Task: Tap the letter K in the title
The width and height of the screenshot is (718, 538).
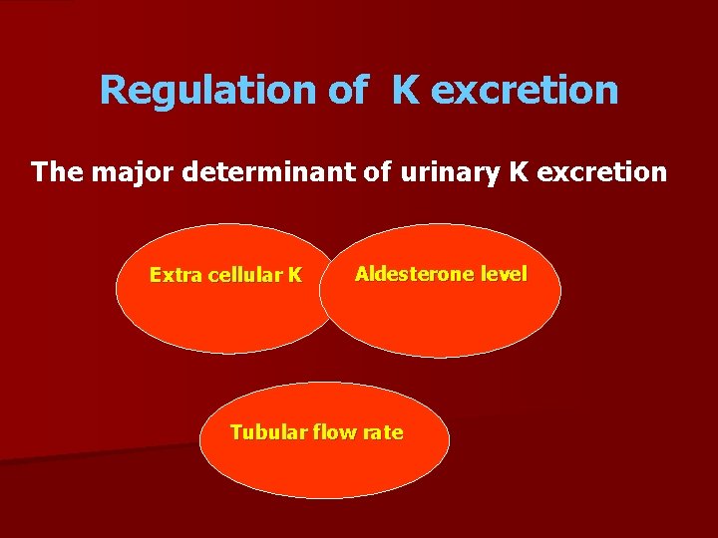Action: [x=405, y=91]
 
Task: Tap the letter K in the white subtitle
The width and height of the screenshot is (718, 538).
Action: [x=518, y=172]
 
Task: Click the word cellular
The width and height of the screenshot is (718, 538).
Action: [x=245, y=275]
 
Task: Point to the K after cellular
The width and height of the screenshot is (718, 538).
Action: [x=295, y=275]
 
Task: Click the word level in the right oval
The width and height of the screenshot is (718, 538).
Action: [x=504, y=273]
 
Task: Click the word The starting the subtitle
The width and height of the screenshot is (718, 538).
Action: [x=56, y=172]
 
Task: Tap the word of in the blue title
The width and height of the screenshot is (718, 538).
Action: [x=347, y=91]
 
